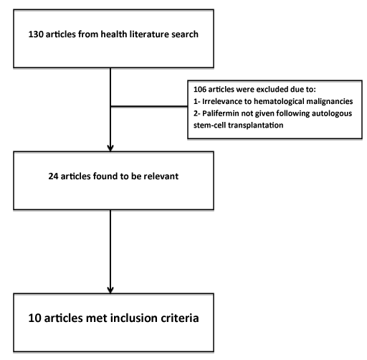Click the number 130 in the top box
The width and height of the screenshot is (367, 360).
[x=36, y=34]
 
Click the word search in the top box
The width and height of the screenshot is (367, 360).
[x=185, y=34]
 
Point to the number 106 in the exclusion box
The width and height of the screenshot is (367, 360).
[x=200, y=90]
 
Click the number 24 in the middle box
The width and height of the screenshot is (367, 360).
[x=53, y=176]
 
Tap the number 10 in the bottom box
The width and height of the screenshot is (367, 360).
[x=34, y=318]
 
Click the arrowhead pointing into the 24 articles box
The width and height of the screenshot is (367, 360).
[x=110, y=148]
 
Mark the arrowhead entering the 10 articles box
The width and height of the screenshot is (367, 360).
[x=110, y=290]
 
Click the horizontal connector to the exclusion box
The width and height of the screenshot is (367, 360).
[x=149, y=106]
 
